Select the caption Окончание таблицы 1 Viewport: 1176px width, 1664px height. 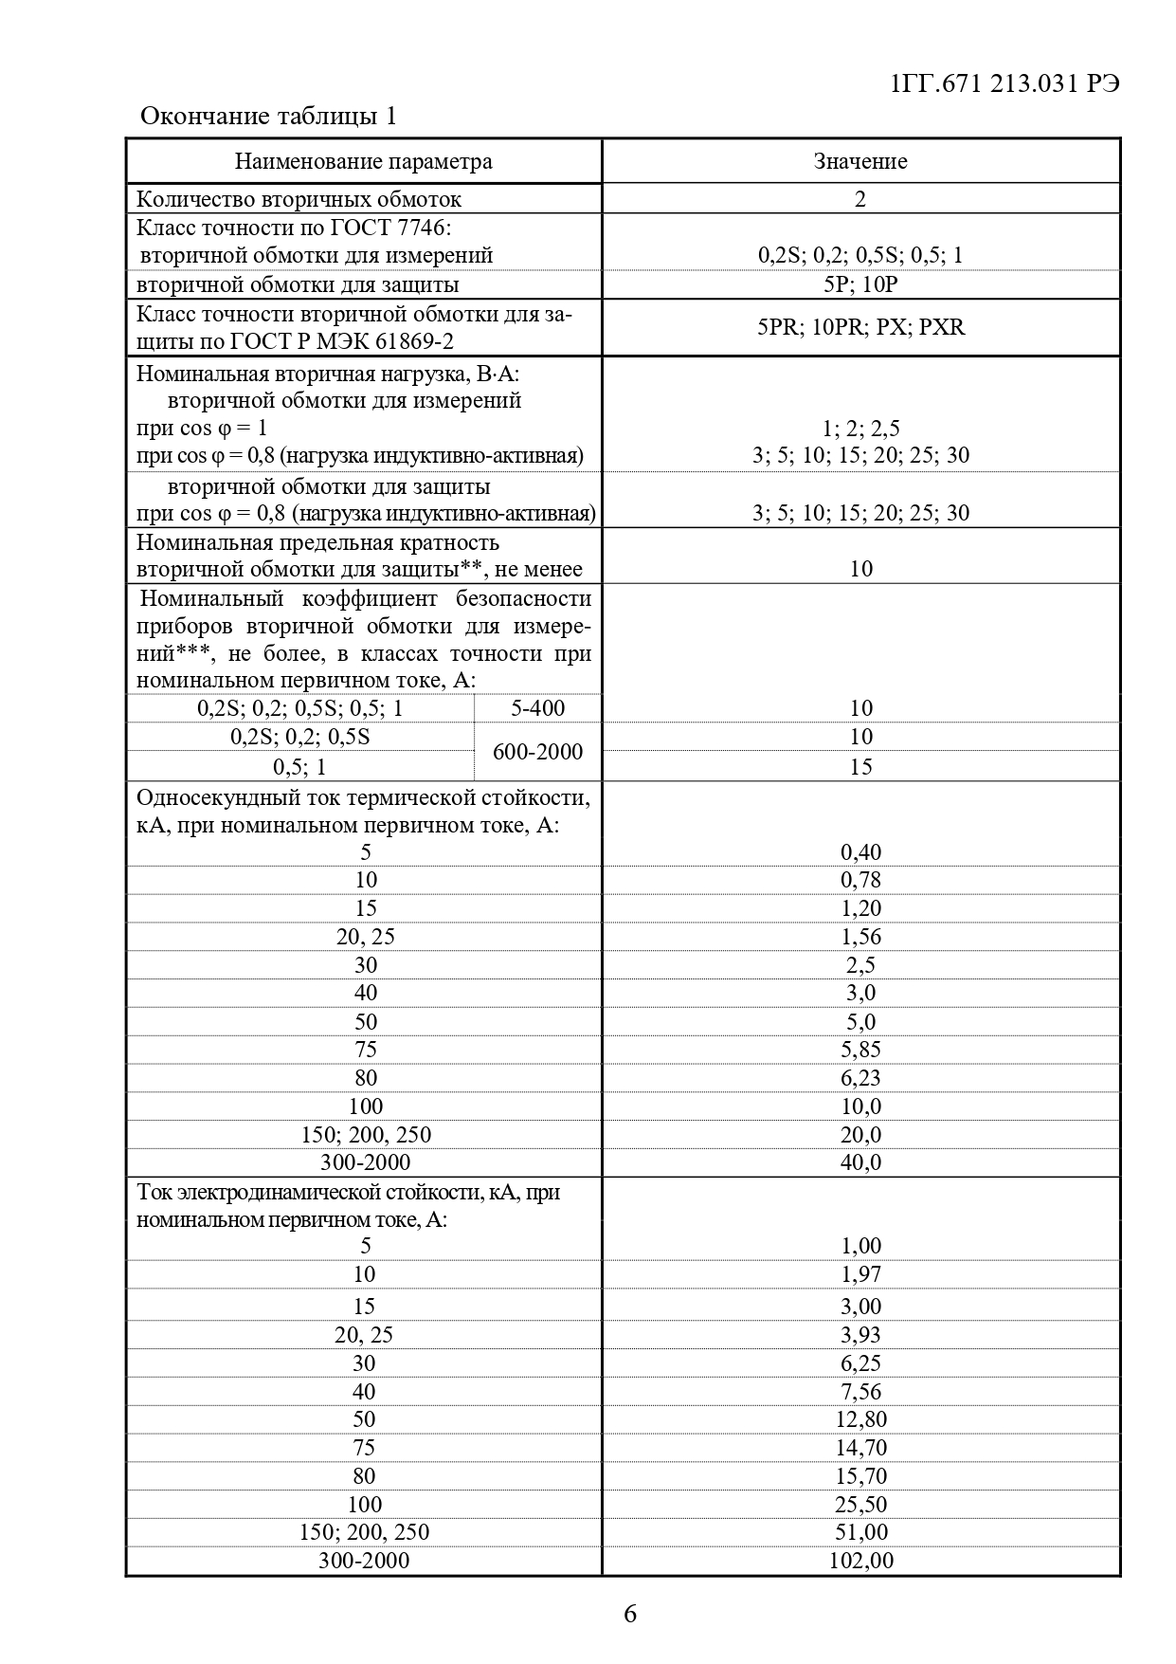(268, 116)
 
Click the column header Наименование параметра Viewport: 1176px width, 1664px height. (364, 161)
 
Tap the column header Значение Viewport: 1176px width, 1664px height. (860, 161)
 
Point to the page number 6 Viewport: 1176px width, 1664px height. (630, 1614)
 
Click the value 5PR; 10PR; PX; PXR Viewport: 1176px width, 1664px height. (860, 327)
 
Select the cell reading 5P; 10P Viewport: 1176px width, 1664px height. (860, 284)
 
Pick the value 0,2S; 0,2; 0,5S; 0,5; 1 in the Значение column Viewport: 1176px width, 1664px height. (860, 255)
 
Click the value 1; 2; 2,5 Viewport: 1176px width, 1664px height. (860, 429)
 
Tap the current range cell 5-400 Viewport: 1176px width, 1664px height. (537, 708)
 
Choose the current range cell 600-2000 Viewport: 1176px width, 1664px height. (537, 752)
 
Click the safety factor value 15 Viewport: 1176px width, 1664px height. (860, 766)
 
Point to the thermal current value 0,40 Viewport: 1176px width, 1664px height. (860, 852)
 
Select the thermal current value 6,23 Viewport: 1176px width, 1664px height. (860, 1078)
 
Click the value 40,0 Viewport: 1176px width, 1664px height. (860, 1162)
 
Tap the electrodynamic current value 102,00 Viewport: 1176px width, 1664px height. (860, 1561)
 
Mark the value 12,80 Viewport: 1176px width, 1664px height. (860, 1419)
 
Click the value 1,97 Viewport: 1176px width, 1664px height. (860, 1274)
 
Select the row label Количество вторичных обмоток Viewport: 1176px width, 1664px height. (299, 199)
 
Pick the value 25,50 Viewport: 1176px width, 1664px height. (860, 1505)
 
